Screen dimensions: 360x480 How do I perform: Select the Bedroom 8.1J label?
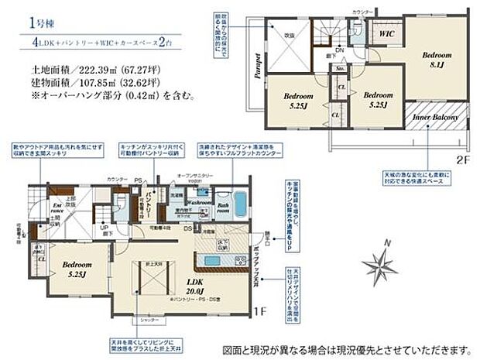pyautogui.click(x=434, y=60)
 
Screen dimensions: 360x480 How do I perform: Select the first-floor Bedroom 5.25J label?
pyautogui.click(x=78, y=268)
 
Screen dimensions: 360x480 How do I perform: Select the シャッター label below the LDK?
pyautogui.click(x=151, y=320)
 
